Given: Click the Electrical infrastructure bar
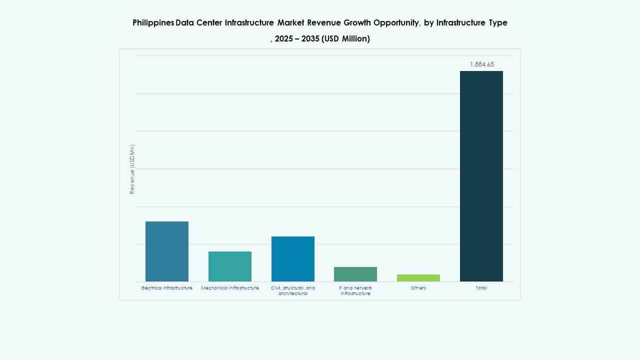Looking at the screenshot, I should (167, 251).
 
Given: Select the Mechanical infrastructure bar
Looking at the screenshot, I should (230, 266).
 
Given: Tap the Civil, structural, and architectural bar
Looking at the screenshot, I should (293, 259).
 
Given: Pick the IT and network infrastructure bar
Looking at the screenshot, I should (355, 274).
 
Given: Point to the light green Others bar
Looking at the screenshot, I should (418, 278).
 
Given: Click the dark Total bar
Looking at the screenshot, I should (481, 176).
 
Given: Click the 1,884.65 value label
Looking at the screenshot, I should (482, 64).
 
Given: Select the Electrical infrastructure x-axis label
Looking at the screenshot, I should (167, 288).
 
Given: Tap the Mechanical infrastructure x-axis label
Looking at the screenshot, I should (230, 288).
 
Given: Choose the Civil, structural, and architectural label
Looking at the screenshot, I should (293, 290).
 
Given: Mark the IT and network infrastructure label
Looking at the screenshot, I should (355, 290).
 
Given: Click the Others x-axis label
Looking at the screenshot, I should (418, 288).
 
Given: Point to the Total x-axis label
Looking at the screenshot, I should (481, 288).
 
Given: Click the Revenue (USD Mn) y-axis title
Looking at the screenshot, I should (132, 169).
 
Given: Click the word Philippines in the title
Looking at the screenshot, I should (153, 23).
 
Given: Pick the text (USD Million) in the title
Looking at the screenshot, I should (346, 39).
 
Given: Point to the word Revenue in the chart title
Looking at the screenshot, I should (325, 23).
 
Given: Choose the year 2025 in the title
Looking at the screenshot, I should (284, 39).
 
